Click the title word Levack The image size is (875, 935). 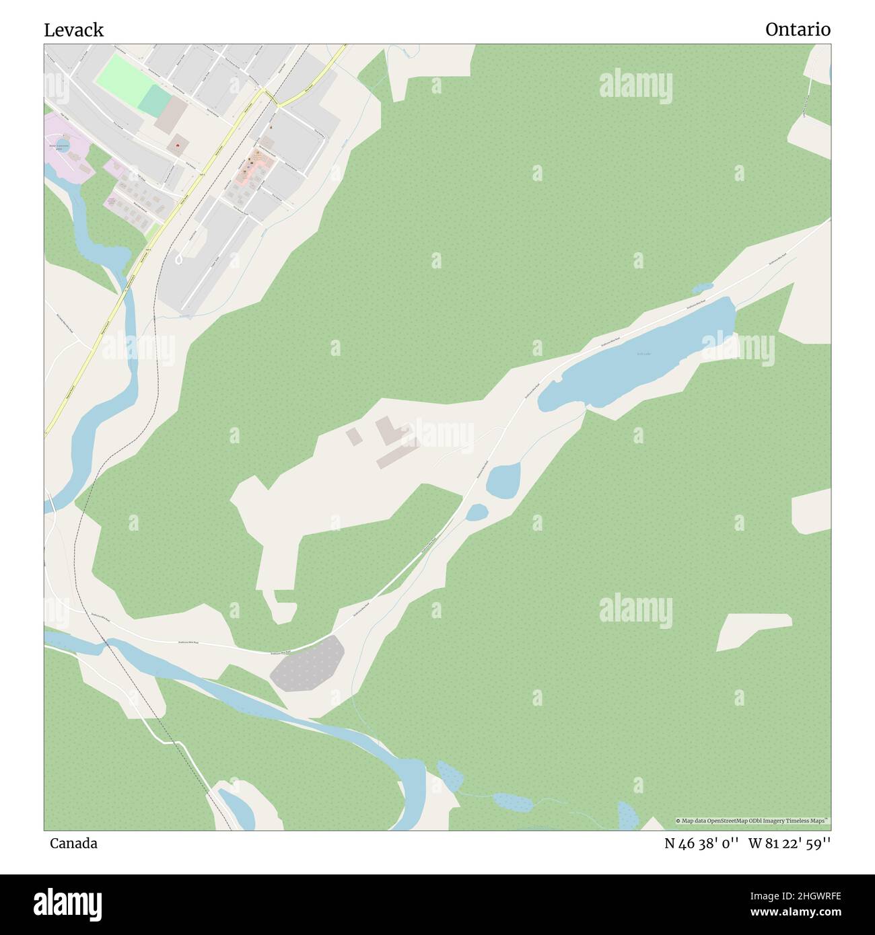[x=74, y=30]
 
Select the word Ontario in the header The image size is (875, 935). [x=798, y=30]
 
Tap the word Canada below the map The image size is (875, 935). [x=73, y=843]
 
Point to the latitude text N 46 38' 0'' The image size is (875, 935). [x=702, y=843]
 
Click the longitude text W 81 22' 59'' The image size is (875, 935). [x=790, y=843]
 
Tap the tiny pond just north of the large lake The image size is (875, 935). [x=703, y=288]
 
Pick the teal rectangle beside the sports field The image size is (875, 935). [x=155, y=100]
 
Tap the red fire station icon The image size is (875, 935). [x=178, y=143]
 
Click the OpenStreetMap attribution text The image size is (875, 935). [x=753, y=821]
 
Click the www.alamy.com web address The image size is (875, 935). [x=790, y=913]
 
